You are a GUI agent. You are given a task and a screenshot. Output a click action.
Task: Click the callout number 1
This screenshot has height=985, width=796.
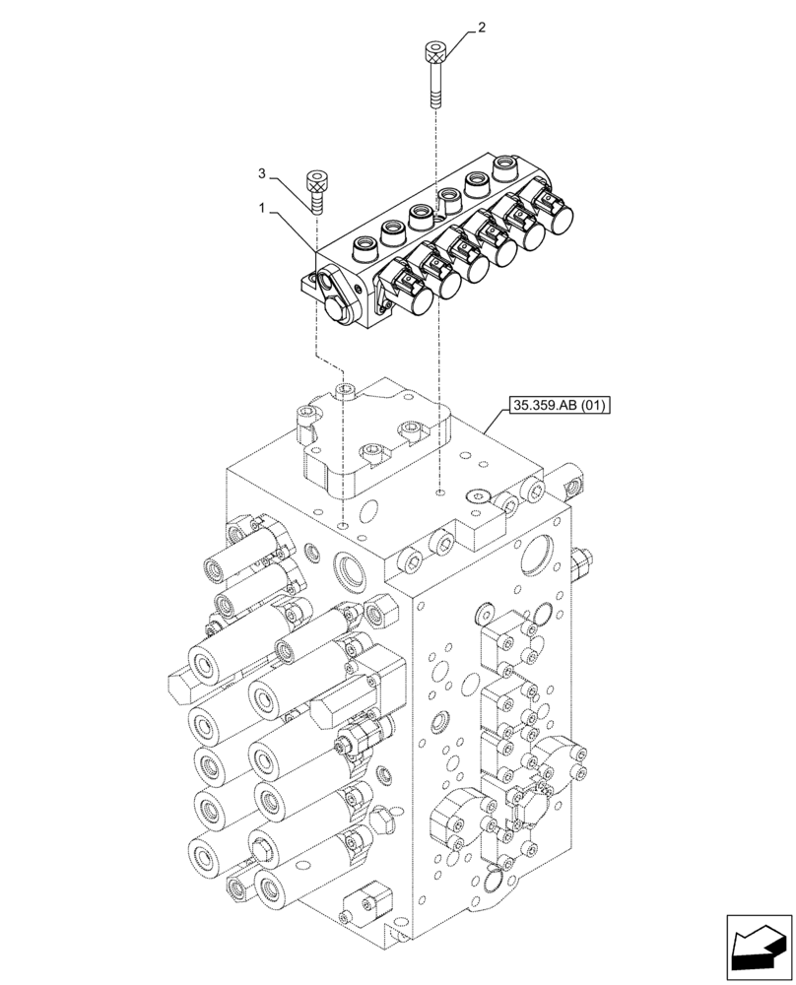point(263,209)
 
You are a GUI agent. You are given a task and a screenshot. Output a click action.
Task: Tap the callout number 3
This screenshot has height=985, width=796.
point(263,174)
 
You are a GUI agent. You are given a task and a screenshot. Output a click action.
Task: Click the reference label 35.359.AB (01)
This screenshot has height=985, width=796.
point(556,405)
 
